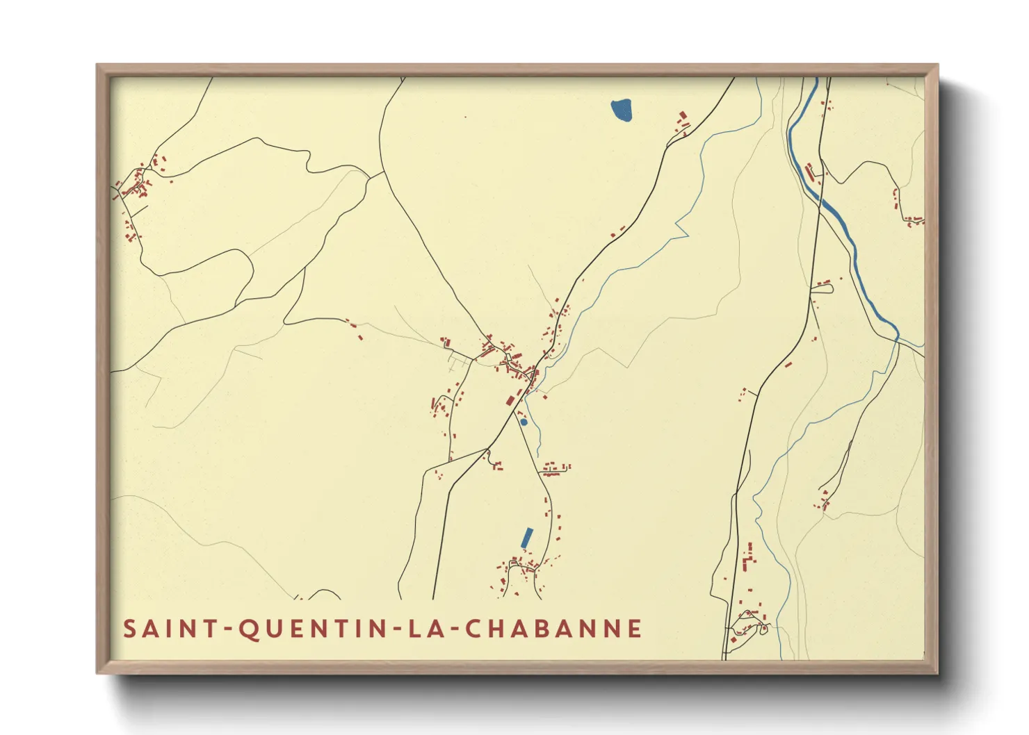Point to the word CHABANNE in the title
pos(553,629)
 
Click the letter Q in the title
pos(249,629)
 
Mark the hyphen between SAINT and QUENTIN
pos(227,629)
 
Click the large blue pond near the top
pos(622,110)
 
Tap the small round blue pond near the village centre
pos(524,422)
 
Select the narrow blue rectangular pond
pos(527,538)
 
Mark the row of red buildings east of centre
pos(556,469)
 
